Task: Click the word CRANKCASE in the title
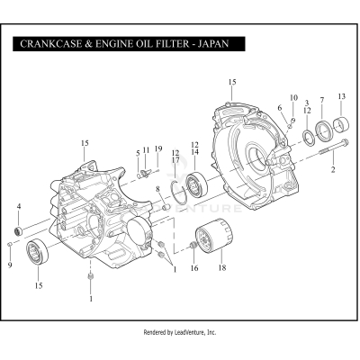coord(52,43)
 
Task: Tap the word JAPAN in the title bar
coord(219,43)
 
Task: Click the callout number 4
coord(18,207)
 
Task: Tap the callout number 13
coord(341,96)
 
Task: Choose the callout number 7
coord(321,102)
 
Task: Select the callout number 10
coord(292,96)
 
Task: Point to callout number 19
coord(157,148)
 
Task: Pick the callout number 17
coord(175,159)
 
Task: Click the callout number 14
coord(194,152)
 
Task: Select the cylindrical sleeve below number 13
coord(341,123)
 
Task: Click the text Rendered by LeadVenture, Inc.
coord(180,332)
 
